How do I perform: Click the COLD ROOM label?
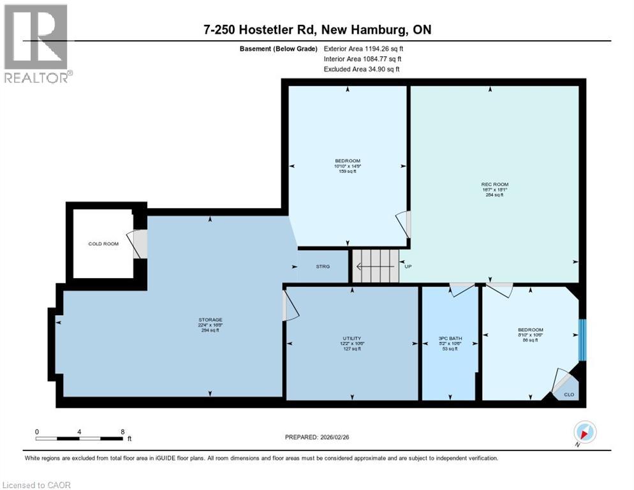pyautogui.click(x=103, y=244)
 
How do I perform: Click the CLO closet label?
pyautogui.click(x=569, y=394)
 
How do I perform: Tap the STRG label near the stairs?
pyautogui.click(x=323, y=267)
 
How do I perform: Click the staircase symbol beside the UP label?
pyautogui.click(x=374, y=265)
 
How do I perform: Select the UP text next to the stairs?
pyautogui.click(x=408, y=267)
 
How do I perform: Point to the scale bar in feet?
pyautogui.click(x=80, y=438)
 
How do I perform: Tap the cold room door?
pyautogui.click(x=138, y=244)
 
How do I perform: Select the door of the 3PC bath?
pyautogui.click(x=461, y=289)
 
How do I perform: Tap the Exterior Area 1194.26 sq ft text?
pyautogui.click(x=364, y=48)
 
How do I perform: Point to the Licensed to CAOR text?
pyautogui.click(x=36, y=485)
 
